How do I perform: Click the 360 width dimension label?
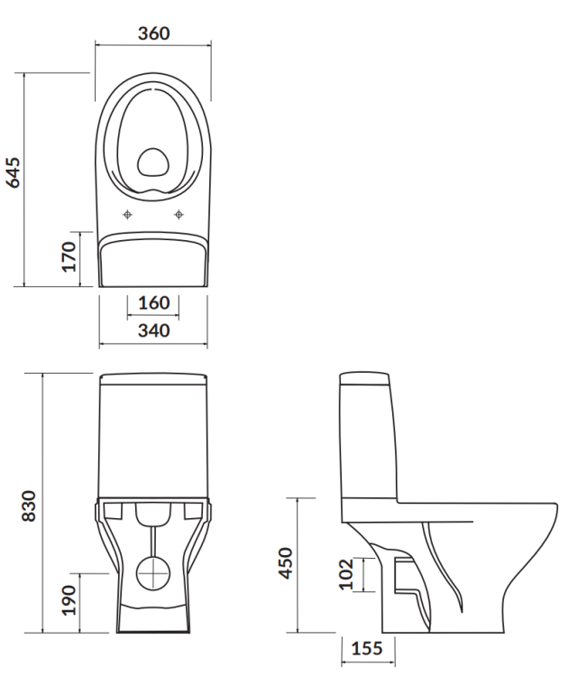[x=154, y=33]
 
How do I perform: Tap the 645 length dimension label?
[x=14, y=172]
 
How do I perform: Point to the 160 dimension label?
[x=153, y=302]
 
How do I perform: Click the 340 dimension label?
[x=153, y=330]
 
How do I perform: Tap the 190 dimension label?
[x=69, y=600]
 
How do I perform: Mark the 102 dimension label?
[x=344, y=574]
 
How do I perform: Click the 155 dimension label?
[x=366, y=649]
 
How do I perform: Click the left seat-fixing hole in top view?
[x=127, y=214]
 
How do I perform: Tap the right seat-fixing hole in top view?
[x=179, y=214]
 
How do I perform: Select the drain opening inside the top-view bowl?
[x=152, y=162]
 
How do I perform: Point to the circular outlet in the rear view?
[x=153, y=571]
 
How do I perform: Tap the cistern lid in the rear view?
[x=153, y=378]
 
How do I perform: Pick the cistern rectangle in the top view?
[x=153, y=260]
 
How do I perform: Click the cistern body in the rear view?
[x=153, y=438]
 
